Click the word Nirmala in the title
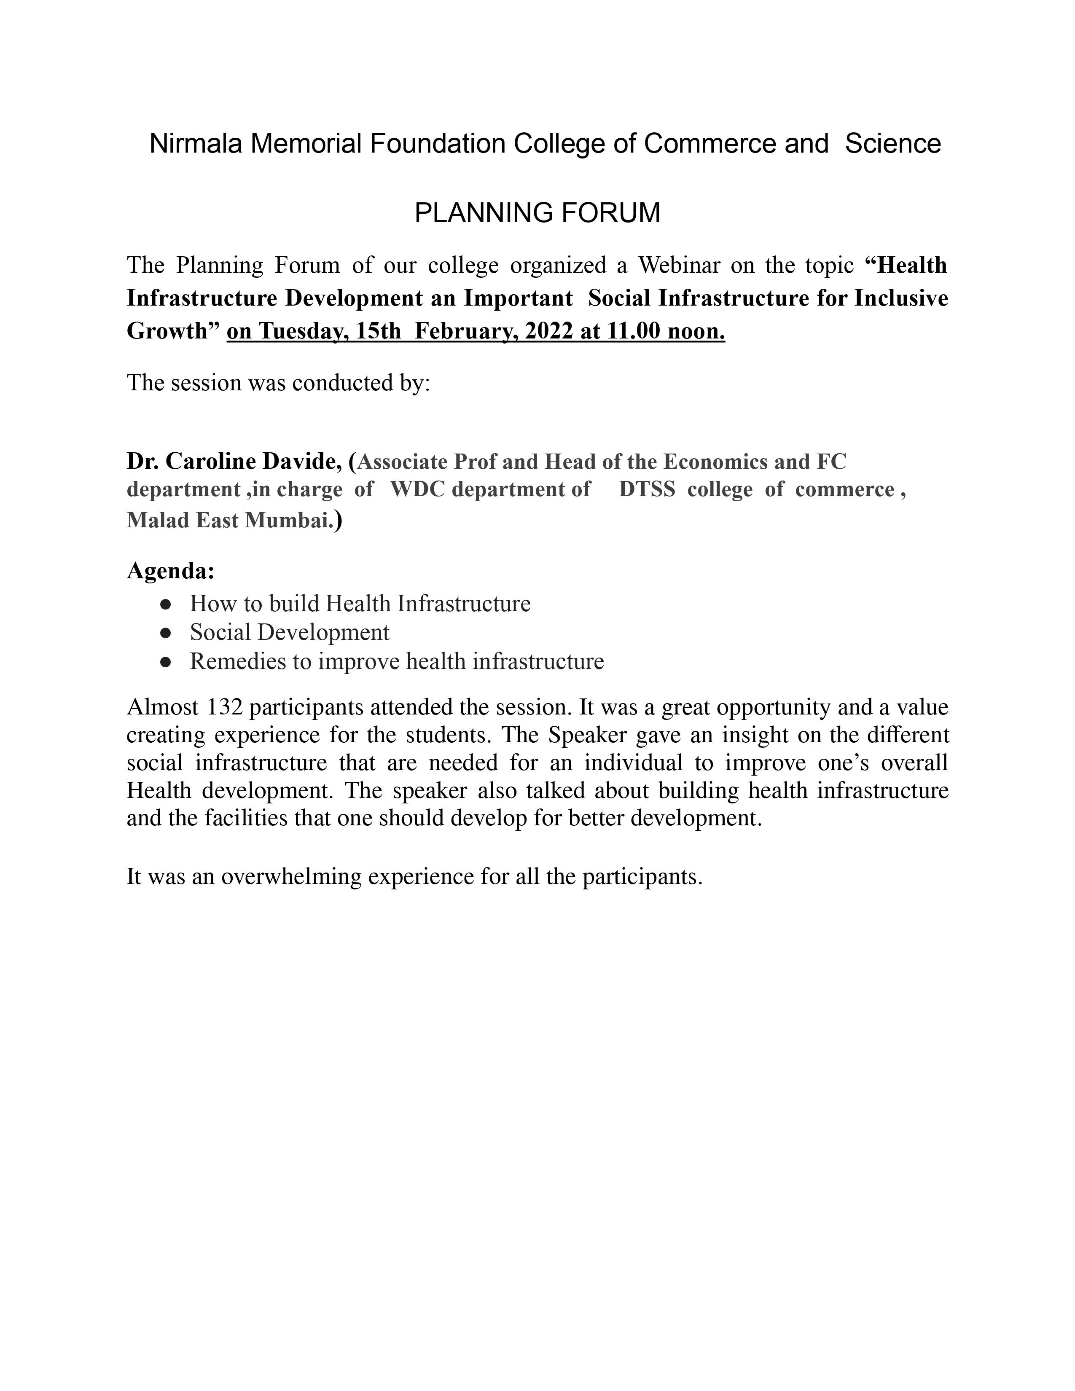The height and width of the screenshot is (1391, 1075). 196,144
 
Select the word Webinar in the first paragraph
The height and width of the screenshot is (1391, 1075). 678,265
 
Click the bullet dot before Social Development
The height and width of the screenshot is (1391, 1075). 166,632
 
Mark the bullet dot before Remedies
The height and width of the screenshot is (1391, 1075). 166,662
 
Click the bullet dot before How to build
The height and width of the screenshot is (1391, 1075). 166,603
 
